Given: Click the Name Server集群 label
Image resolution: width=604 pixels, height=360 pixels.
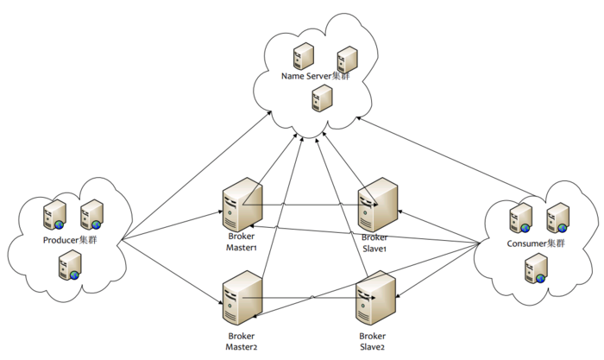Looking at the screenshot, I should point(317,78).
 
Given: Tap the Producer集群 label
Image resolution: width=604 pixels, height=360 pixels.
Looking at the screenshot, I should point(69,239).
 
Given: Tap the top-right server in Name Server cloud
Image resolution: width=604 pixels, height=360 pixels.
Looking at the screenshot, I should point(348,58).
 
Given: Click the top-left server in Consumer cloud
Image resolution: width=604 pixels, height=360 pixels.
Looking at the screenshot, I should point(520,218).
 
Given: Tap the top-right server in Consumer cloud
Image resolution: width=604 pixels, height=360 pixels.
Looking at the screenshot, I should point(558,218).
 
